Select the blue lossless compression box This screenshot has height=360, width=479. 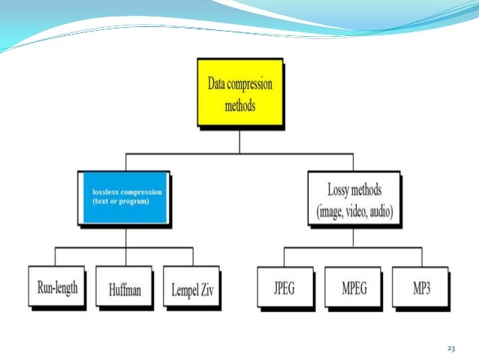(x=123, y=197)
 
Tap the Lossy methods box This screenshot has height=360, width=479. (x=355, y=198)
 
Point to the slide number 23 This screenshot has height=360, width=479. (x=450, y=348)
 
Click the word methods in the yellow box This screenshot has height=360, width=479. (x=240, y=105)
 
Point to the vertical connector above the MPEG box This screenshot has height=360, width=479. (x=354, y=256)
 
